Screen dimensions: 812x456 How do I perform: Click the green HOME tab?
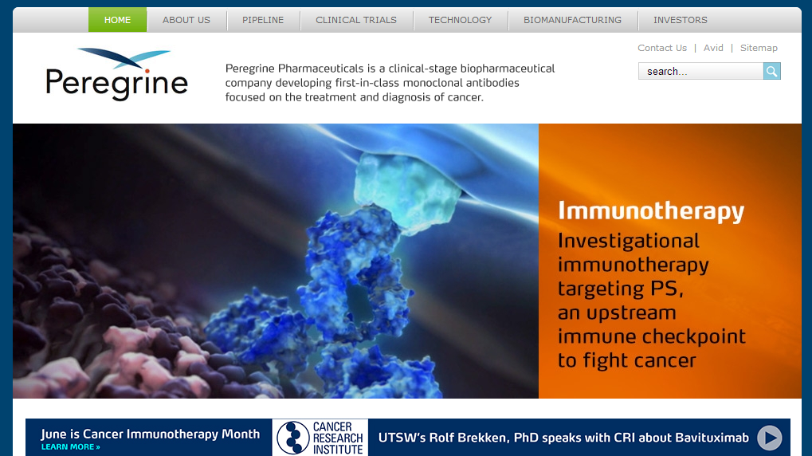pos(118,20)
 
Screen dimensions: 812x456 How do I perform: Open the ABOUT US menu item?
pos(186,20)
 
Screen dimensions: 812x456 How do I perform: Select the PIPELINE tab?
pos(263,20)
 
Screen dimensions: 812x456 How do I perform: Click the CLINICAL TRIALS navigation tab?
pos(356,20)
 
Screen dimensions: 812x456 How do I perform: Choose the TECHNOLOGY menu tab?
pos(460,20)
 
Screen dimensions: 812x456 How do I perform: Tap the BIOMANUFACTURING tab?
pos(572,20)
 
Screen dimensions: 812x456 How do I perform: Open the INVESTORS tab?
pos(680,20)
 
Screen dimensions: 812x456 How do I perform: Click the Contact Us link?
pos(662,48)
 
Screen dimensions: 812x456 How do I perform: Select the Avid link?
pos(713,48)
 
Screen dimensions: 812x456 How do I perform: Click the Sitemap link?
pos(759,48)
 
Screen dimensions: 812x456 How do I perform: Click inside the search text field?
pos(700,71)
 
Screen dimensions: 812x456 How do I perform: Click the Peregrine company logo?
pos(116,74)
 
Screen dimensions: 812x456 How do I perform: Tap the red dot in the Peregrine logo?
pos(147,71)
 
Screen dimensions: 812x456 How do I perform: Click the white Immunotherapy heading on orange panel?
pos(651,211)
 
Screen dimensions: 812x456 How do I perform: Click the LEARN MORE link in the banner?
pos(70,446)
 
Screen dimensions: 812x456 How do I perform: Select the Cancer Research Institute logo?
pos(320,438)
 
